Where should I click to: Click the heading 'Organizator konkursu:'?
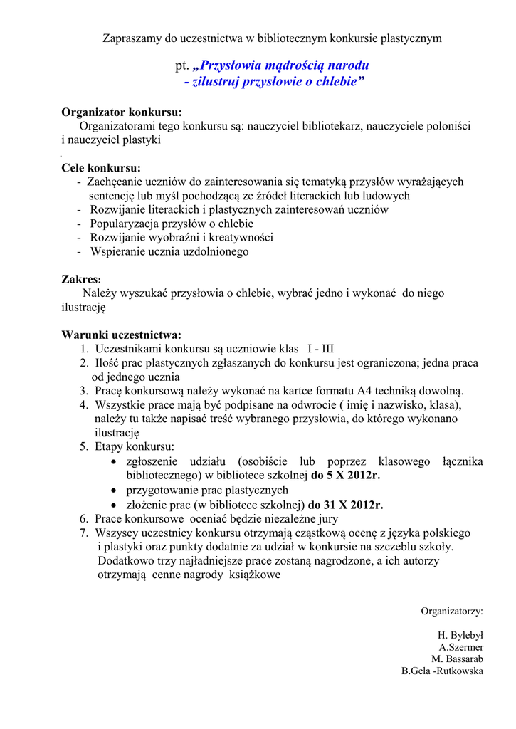122,112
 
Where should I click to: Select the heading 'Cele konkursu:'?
101,169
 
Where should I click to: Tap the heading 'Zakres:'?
81,280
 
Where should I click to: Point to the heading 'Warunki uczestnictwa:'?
122,335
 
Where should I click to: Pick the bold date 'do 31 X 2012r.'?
345,505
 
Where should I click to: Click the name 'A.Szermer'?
460,647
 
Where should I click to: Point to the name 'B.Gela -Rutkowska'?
442,671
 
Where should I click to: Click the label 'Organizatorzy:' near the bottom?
452,611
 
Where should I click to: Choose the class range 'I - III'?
320,349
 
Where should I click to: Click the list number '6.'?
83,519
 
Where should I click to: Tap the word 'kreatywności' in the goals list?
240,238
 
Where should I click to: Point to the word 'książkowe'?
255,575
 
